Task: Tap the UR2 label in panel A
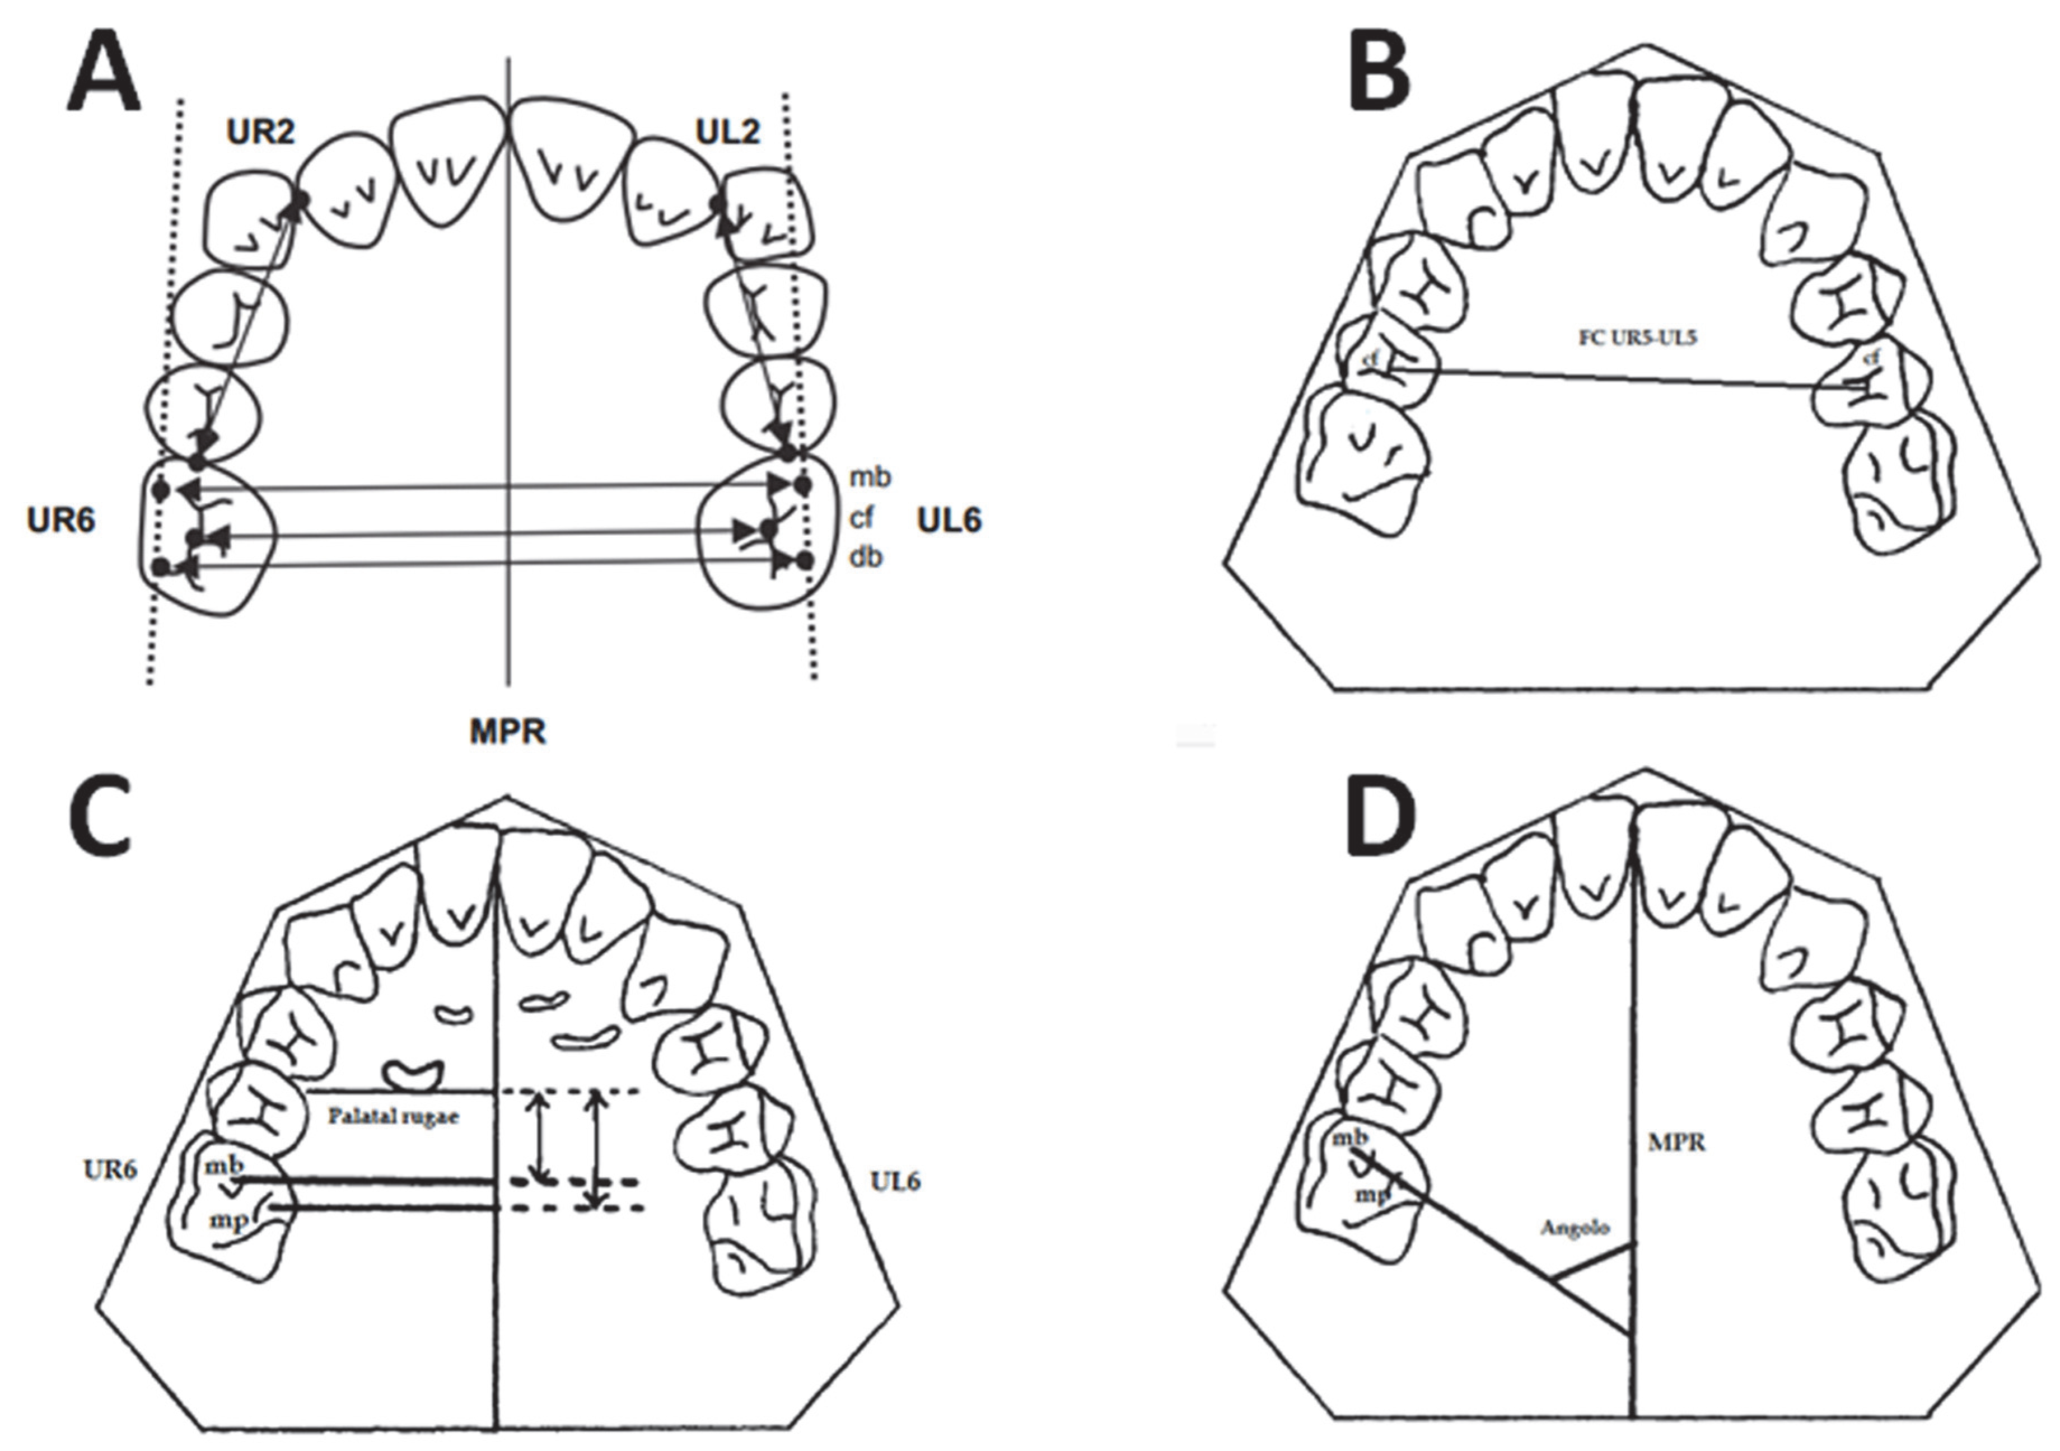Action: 260,133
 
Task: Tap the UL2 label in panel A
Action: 728,133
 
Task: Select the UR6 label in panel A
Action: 61,520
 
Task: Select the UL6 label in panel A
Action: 949,520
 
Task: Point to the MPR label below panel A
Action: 508,732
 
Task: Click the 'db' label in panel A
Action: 866,558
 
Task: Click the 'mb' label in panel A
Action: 870,477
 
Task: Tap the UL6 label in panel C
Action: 895,1182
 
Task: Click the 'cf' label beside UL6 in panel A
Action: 861,517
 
